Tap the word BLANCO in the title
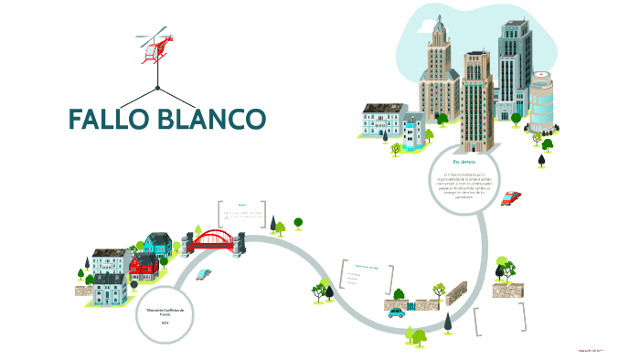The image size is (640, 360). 215,120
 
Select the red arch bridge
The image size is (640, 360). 213,239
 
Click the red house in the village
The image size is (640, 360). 144,268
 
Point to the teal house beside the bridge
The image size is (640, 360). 156,244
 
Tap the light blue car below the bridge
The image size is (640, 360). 204,273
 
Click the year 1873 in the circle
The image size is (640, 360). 165,323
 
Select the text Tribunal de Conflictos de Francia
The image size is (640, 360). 165,311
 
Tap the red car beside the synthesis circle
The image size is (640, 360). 511,196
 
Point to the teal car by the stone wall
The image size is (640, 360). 396,312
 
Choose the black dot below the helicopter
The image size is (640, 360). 157,88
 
